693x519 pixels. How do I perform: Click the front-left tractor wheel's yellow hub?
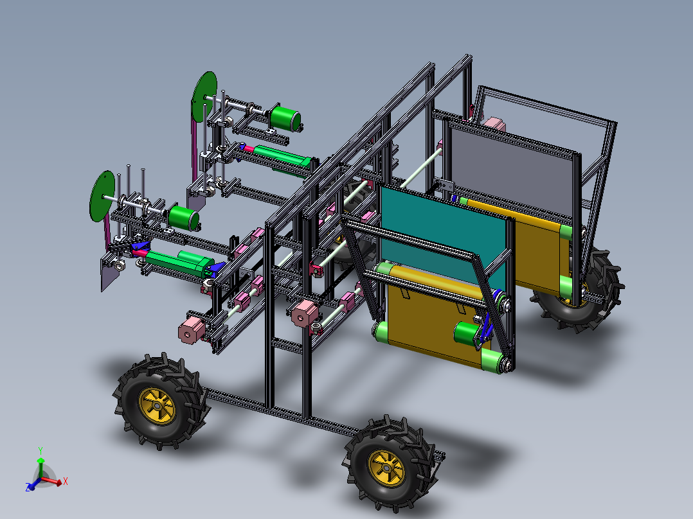[157, 406]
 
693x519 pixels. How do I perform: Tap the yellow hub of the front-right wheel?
[386, 468]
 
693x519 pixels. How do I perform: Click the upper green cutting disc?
[204, 97]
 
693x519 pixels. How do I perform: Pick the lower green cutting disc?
[102, 196]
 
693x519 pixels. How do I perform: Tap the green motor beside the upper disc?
[285, 118]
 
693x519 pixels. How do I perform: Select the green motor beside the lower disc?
[183, 218]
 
